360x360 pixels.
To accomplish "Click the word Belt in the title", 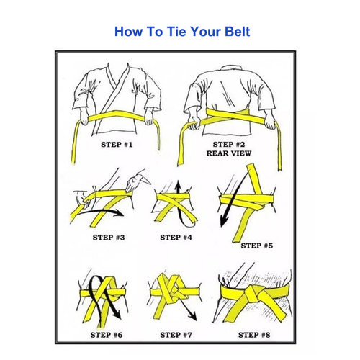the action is coord(238,32).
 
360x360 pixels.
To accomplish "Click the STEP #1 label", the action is coord(117,145).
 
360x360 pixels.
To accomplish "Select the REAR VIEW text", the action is coord(229,153).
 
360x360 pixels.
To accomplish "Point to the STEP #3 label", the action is coord(109,238).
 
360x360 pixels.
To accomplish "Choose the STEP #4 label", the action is coord(176,238).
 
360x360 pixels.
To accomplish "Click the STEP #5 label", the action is coord(257,246).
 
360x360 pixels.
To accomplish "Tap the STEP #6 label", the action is coord(107,335).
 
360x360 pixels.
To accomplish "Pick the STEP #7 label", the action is coord(176,335).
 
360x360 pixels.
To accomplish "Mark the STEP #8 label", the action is coord(254,335).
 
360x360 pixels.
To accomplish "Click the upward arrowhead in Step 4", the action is coord(178,184).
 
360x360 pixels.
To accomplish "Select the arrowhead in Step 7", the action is coord(193,317).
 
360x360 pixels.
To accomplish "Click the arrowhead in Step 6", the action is coord(117,315).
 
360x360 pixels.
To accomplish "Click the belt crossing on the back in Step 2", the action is coord(236,116).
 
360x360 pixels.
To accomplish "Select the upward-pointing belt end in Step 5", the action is coord(254,179).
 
